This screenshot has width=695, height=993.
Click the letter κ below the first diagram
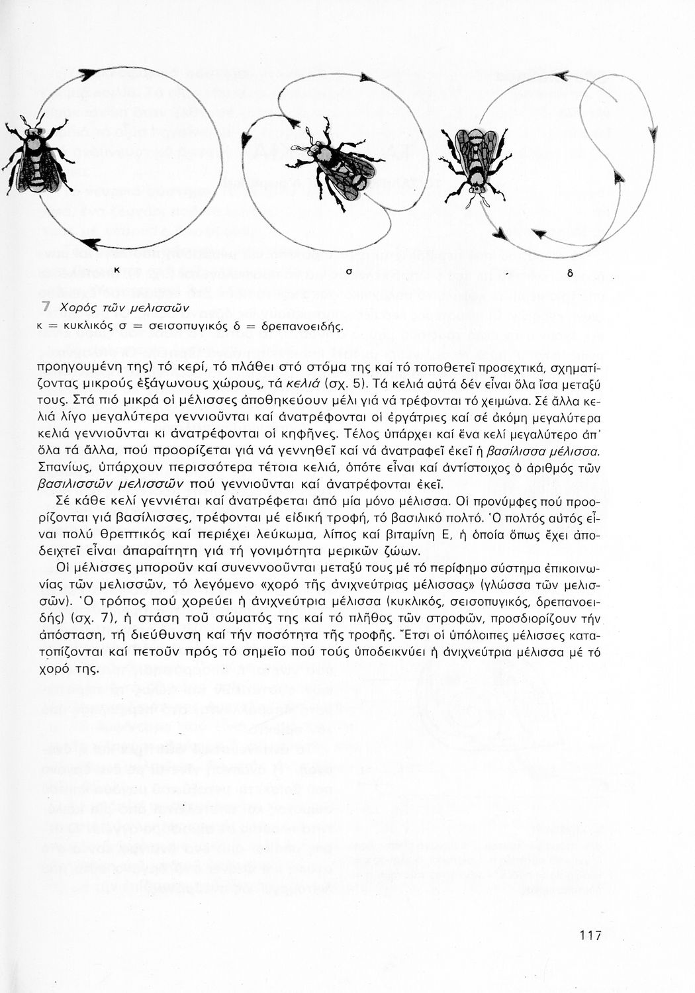coord(116,270)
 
